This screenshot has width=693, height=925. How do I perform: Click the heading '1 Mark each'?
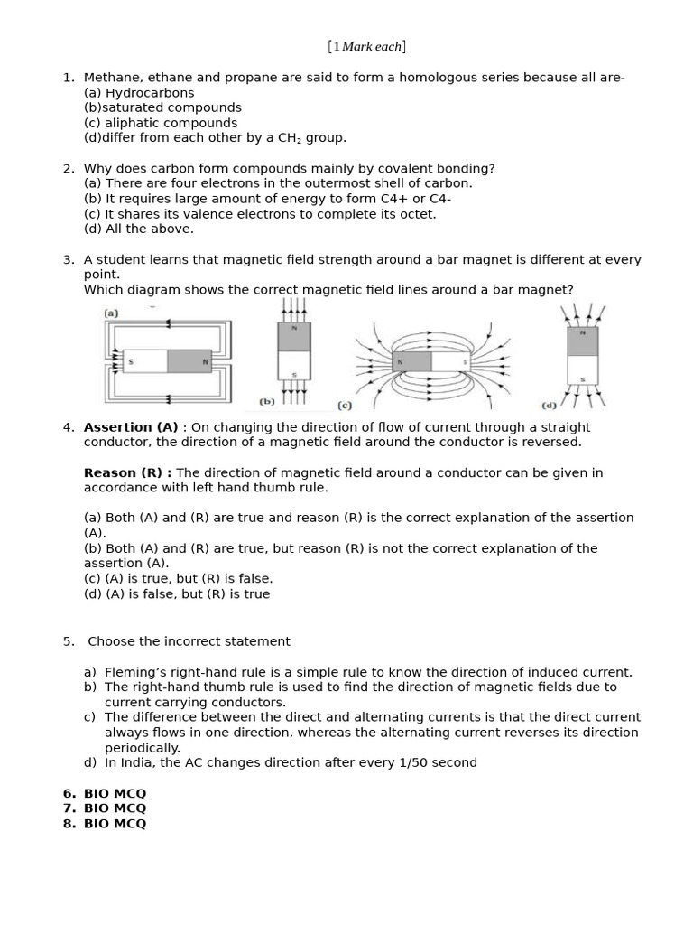coord(366,46)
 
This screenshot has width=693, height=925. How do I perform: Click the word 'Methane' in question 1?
coord(110,77)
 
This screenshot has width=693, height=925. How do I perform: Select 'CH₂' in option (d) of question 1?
coord(287,138)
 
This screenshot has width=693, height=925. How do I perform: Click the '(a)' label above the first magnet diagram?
coord(111,313)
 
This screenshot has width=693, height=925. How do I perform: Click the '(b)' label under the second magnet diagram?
coord(267,401)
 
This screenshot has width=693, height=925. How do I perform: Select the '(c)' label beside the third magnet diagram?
coord(344,406)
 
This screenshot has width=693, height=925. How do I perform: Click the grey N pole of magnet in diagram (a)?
coord(189,361)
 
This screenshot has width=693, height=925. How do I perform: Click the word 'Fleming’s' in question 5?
coord(134,672)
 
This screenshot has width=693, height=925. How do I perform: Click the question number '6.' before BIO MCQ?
coord(69,793)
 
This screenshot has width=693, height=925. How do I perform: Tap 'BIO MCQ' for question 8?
coord(115,824)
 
